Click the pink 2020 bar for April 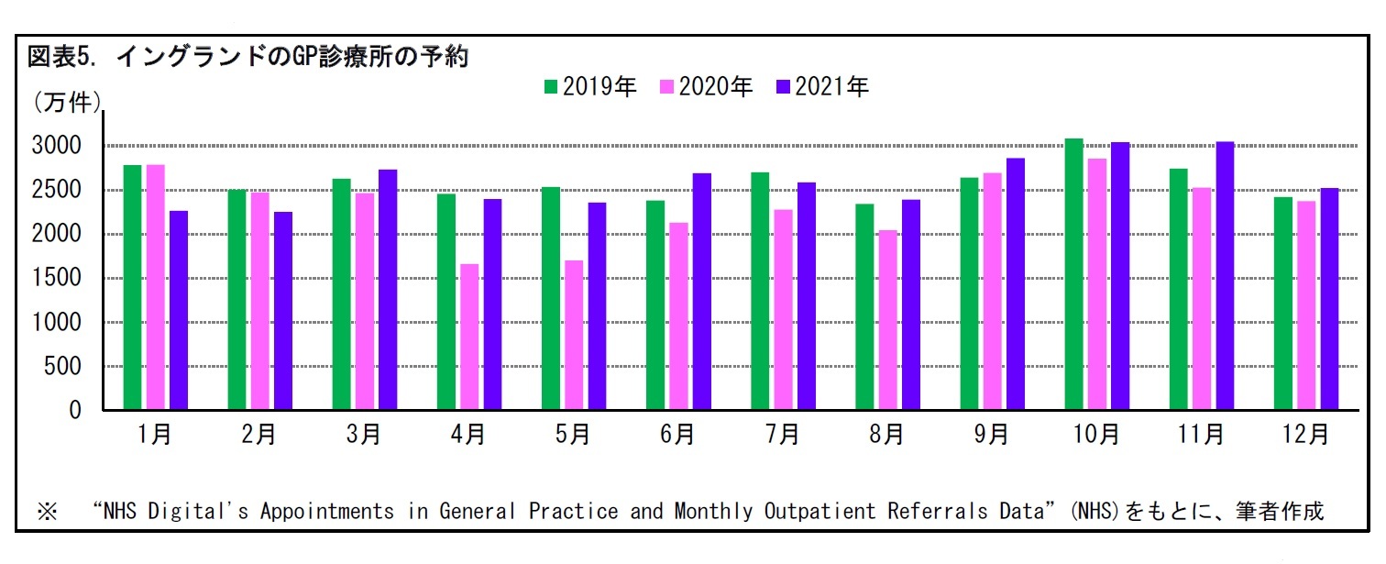pos(469,337)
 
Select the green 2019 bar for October pos(1073,274)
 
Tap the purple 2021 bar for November pos(1225,276)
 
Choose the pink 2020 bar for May pos(574,335)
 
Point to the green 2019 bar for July pos(760,291)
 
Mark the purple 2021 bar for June pos(701,292)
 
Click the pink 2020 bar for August pos(887,320)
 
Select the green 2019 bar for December pos(1283,304)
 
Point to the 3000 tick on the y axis pos(58,147)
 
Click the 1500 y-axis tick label pos(58,279)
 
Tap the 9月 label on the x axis pos(992,435)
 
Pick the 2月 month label pos(259,435)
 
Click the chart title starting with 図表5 pos(248,58)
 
